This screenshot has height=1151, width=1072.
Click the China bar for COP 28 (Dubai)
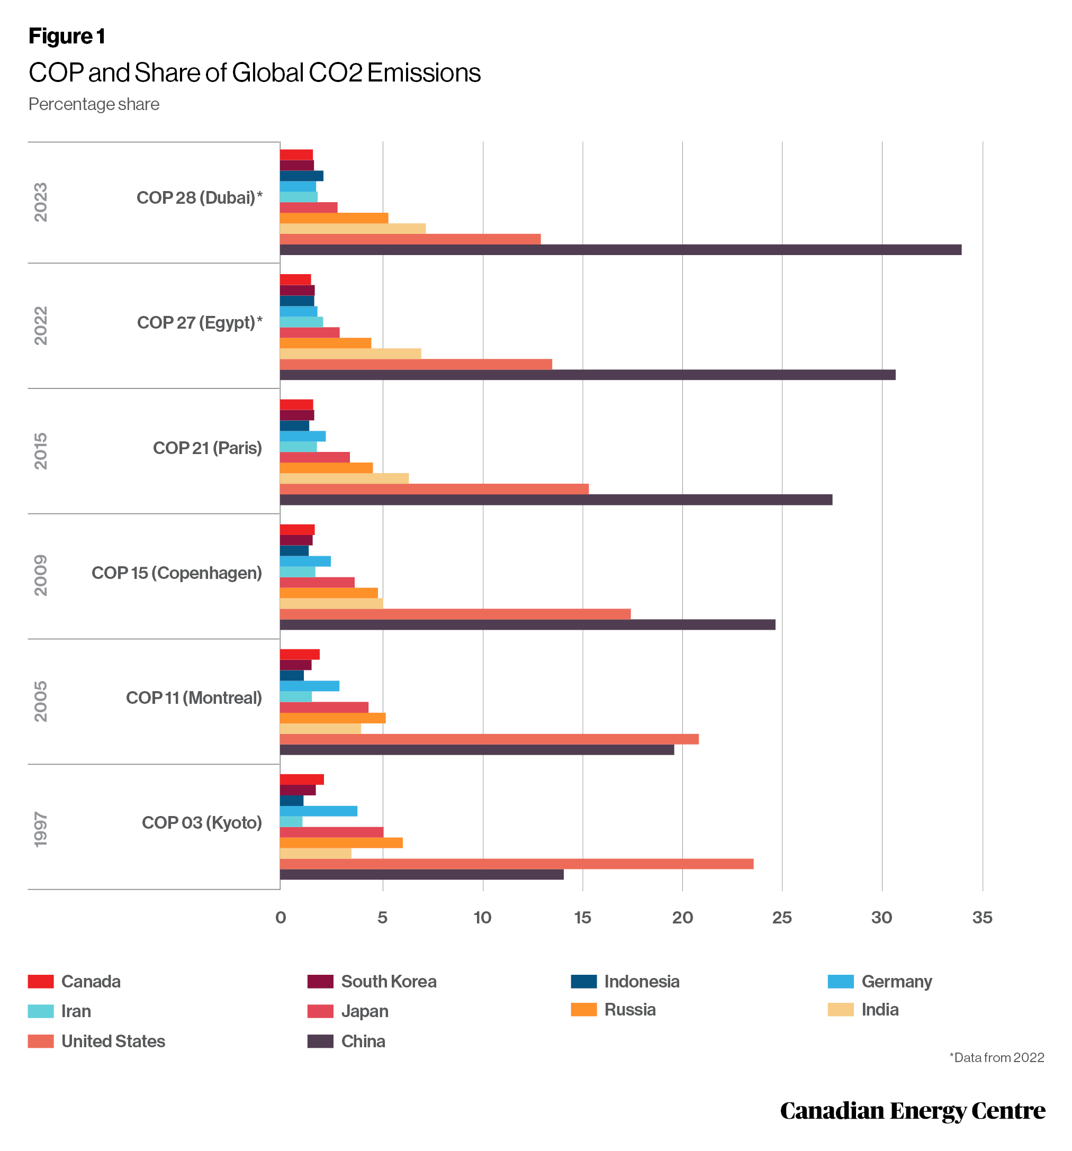(x=620, y=250)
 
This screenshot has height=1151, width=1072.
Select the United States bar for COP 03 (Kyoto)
(x=517, y=863)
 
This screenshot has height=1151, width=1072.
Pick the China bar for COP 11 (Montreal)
(x=477, y=749)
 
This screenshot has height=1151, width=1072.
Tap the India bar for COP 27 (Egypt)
(x=350, y=354)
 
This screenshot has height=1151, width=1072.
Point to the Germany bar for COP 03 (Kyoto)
(x=319, y=811)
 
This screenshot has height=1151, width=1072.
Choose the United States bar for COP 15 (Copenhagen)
(x=455, y=614)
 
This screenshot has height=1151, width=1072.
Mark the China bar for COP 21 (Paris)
(x=556, y=499)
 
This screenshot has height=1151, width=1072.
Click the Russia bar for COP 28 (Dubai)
(x=334, y=217)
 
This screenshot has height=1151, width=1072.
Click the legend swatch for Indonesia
(x=583, y=981)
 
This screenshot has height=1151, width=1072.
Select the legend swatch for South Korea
(x=320, y=981)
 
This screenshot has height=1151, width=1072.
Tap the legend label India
(x=880, y=1009)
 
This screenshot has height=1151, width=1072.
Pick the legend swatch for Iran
(x=41, y=1011)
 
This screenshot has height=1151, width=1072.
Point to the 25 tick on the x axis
(x=782, y=917)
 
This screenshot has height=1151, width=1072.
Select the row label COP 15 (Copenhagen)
(x=177, y=573)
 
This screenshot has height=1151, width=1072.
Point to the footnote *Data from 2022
(x=996, y=1057)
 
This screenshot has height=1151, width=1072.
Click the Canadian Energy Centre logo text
(x=912, y=1110)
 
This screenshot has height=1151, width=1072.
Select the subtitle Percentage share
(x=94, y=104)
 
